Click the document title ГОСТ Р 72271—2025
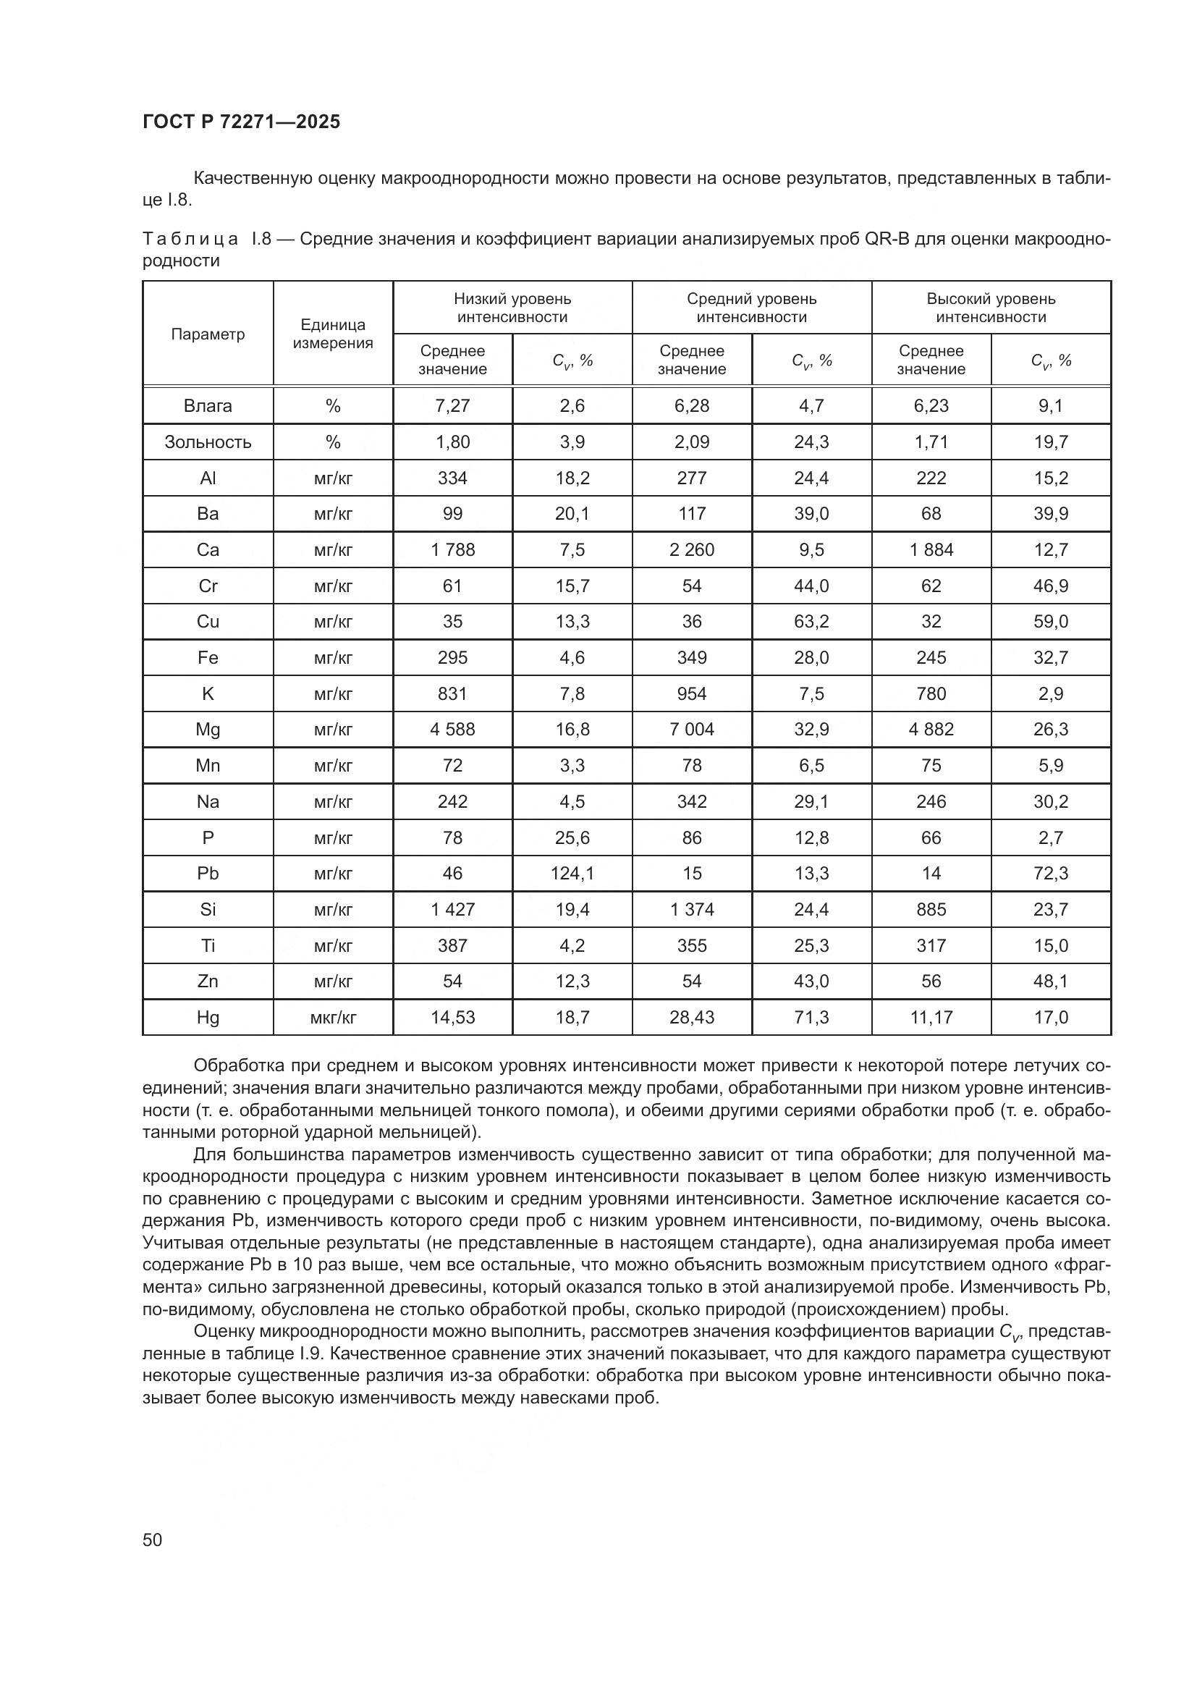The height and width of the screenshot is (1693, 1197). coord(241,122)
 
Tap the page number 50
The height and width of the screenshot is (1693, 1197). coord(153,1540)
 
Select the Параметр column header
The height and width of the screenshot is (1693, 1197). coord(208,334)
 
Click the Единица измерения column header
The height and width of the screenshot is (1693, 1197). coord(333,334)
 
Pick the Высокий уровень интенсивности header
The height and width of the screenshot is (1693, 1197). coord(991,308)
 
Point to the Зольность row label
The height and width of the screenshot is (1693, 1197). coord(208,442)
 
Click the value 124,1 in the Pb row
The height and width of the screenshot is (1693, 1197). coord(572,873)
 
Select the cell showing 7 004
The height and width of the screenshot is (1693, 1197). coord(691,730)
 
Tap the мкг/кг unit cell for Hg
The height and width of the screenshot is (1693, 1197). coord(333,1018)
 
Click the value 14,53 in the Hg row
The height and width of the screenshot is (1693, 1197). coord(452,1018)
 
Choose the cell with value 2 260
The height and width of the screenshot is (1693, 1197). coord(691,550)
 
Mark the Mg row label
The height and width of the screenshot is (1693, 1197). coord(208,730)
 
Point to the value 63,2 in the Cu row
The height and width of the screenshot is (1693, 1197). coord(811,622)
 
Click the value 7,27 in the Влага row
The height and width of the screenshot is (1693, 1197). coord(452,405)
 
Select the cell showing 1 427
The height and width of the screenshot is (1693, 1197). coord(452,909)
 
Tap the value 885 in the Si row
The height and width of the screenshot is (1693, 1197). coord(931,909)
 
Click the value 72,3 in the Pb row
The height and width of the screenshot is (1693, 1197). coord(1050,873)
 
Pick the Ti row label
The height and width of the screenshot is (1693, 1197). coord(208,945)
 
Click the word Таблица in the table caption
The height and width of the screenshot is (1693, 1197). coord(190,239)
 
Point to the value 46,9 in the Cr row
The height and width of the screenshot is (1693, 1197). coord(1050,586)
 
